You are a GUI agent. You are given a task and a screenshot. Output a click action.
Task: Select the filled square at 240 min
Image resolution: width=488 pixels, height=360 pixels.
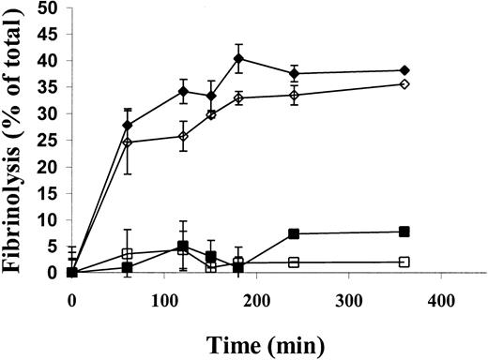[294, 233]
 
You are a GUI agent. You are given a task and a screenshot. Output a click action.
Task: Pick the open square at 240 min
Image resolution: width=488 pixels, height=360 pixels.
[294, 262]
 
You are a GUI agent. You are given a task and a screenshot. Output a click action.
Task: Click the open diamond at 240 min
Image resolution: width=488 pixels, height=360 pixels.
[294, 95]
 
